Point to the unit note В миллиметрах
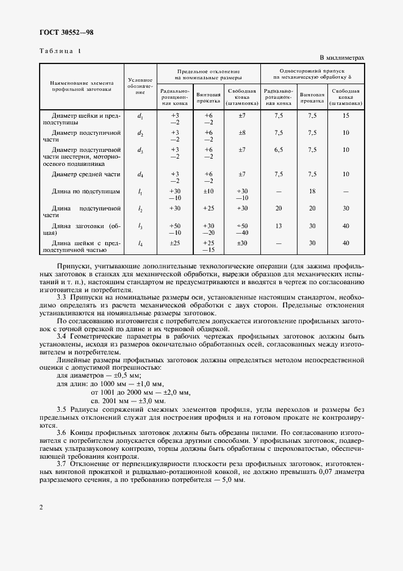(x=341, y=57)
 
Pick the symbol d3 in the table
(x=140, y=149)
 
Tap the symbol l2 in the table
(x=140, y=209)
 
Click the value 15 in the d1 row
(x=346, y=115)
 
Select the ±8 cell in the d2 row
(x=241, y=132)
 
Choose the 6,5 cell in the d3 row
(x=279, y=149)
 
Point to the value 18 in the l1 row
(x=313, y=192)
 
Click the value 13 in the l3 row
(x=279, y=226)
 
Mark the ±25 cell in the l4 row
(x=175, y=243)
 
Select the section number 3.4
(x=62, y=336)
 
